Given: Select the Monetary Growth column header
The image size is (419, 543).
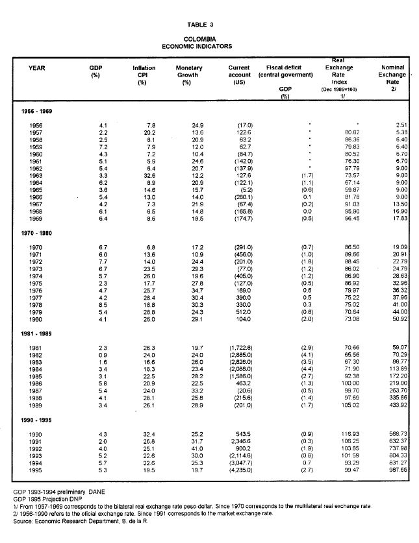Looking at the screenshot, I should [189, 75].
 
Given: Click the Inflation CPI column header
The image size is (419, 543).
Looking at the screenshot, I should [144, 75].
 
